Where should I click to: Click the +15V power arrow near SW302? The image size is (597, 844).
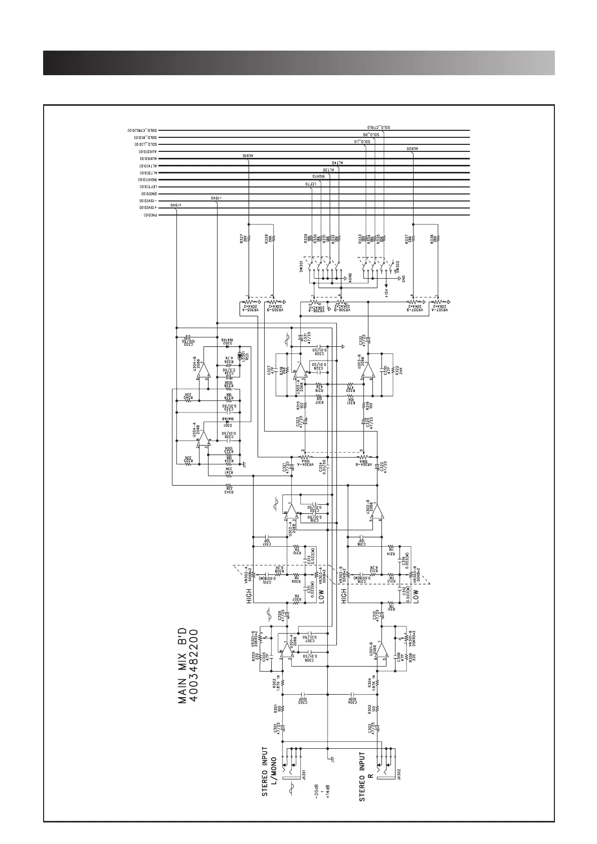pos(386,291)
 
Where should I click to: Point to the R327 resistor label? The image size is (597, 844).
pos(242,240)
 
